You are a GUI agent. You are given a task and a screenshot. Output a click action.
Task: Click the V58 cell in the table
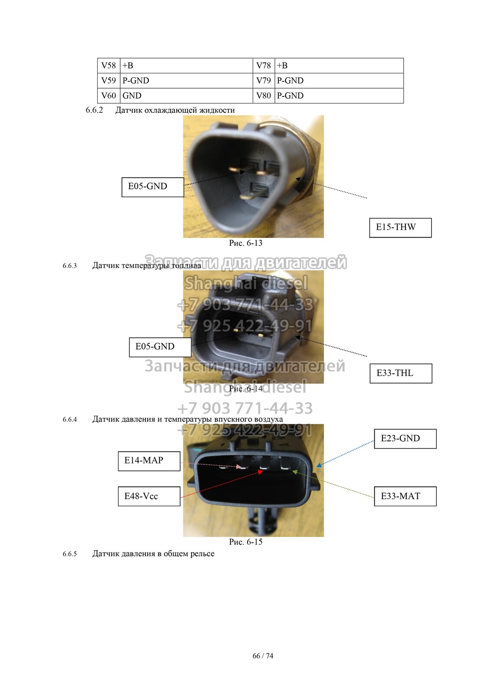point(109,66)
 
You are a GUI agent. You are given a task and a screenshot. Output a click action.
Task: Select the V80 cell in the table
point(264,96)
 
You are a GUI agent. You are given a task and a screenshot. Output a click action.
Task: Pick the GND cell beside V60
point(186,96)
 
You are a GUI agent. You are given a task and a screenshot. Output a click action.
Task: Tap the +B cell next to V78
point(339,66)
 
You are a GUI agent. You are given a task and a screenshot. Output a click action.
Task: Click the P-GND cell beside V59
point(186,81)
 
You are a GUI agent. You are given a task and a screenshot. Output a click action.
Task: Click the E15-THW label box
point(400,228)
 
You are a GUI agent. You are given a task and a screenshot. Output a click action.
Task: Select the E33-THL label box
point(401,373)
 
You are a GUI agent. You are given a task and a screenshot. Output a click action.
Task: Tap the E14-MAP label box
point(149,461)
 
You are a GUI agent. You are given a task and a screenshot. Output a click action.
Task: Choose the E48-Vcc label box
point(149,496)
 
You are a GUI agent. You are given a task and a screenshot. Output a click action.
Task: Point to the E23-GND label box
point(405,439)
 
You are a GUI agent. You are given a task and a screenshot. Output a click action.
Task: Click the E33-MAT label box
point(405,496)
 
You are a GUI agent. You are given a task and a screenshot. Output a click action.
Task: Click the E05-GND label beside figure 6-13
point(153,187)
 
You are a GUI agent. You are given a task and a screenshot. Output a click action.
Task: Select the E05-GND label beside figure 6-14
point(160,347)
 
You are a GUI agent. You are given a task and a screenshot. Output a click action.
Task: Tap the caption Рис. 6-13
point(246,243)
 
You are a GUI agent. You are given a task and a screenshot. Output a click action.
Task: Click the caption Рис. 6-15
point(246,542)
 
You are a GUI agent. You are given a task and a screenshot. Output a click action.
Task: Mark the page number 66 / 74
point(263,655)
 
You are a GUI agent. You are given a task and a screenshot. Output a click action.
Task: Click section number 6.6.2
point(94,110)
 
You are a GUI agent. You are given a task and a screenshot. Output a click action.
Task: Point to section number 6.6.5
point(70,554)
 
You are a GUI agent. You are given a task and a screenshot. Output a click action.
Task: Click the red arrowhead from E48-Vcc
point(260,472)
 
